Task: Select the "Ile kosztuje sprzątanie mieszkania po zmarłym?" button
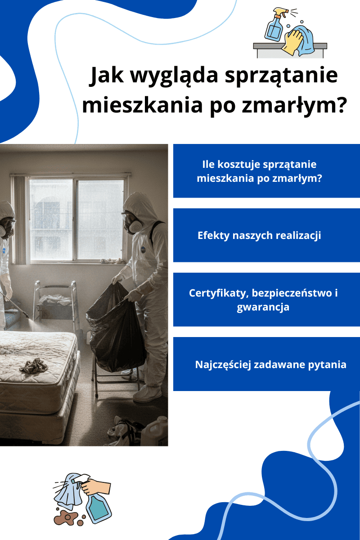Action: tap(266, 171)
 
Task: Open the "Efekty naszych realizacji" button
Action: tap(266, 235)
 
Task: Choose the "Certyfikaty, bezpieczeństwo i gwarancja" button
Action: tap(266, 300)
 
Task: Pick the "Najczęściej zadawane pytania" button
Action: tap(266, 364)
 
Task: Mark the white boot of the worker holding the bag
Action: tap(147, 394)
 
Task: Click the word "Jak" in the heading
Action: tap(105, 76)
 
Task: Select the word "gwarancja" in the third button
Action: tap(263, 308)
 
